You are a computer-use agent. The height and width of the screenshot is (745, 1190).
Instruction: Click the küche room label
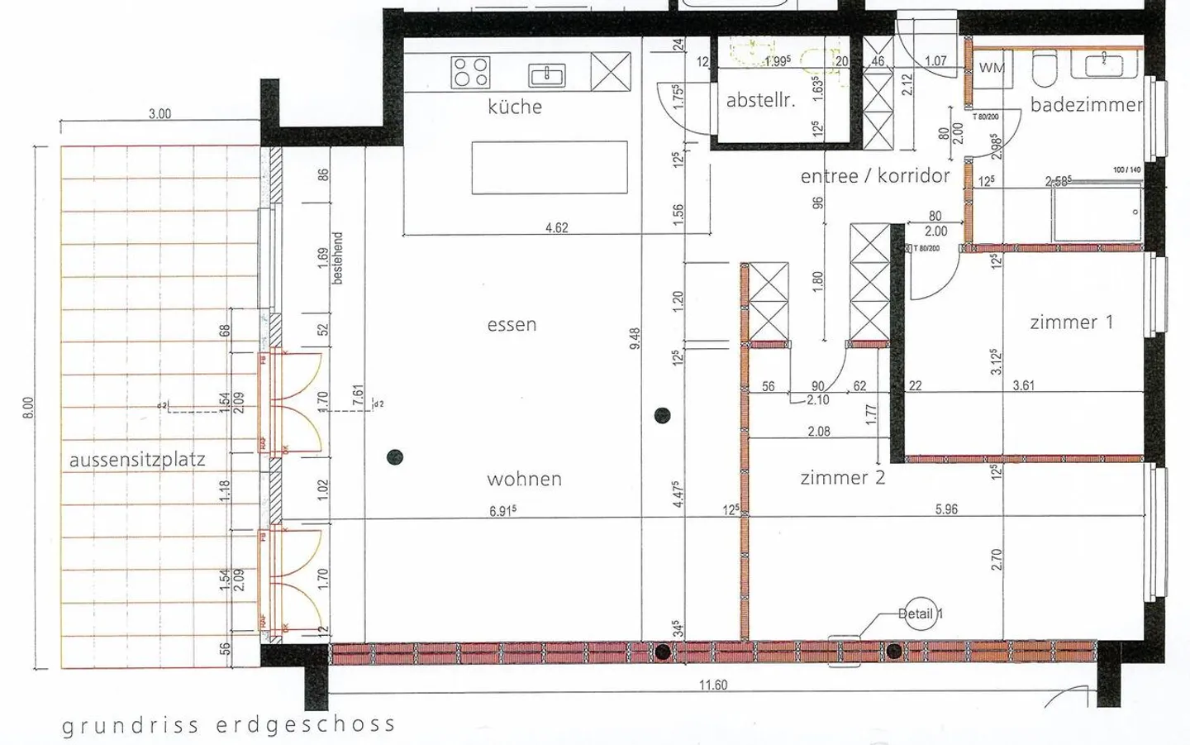515,107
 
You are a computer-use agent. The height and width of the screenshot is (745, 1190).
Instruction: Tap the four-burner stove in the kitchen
470,72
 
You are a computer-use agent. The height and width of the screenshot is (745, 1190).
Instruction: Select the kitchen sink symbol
547,76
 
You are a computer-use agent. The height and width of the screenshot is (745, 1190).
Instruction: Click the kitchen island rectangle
549,168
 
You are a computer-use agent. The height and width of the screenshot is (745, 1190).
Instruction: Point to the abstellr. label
760,101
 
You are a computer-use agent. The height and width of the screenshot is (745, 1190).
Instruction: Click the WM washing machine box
992,69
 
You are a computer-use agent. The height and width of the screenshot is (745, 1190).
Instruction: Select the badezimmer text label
1086,105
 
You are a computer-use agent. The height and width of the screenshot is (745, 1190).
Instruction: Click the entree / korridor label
875,176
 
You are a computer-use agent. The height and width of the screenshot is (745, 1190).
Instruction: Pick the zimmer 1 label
1071,322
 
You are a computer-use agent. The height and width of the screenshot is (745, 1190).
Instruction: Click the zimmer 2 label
842,478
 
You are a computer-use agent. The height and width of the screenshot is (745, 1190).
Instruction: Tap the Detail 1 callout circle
919,614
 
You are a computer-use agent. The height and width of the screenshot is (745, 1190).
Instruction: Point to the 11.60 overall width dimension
713,685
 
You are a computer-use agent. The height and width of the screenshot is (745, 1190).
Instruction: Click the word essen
512,325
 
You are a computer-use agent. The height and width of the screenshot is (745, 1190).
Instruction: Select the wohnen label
524,480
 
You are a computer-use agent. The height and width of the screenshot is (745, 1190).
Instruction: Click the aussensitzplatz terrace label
137,460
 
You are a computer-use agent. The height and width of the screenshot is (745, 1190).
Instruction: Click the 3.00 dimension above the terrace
159,114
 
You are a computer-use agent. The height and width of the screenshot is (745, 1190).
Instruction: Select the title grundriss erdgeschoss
229,725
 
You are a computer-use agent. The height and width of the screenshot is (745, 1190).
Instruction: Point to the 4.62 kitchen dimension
556,228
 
